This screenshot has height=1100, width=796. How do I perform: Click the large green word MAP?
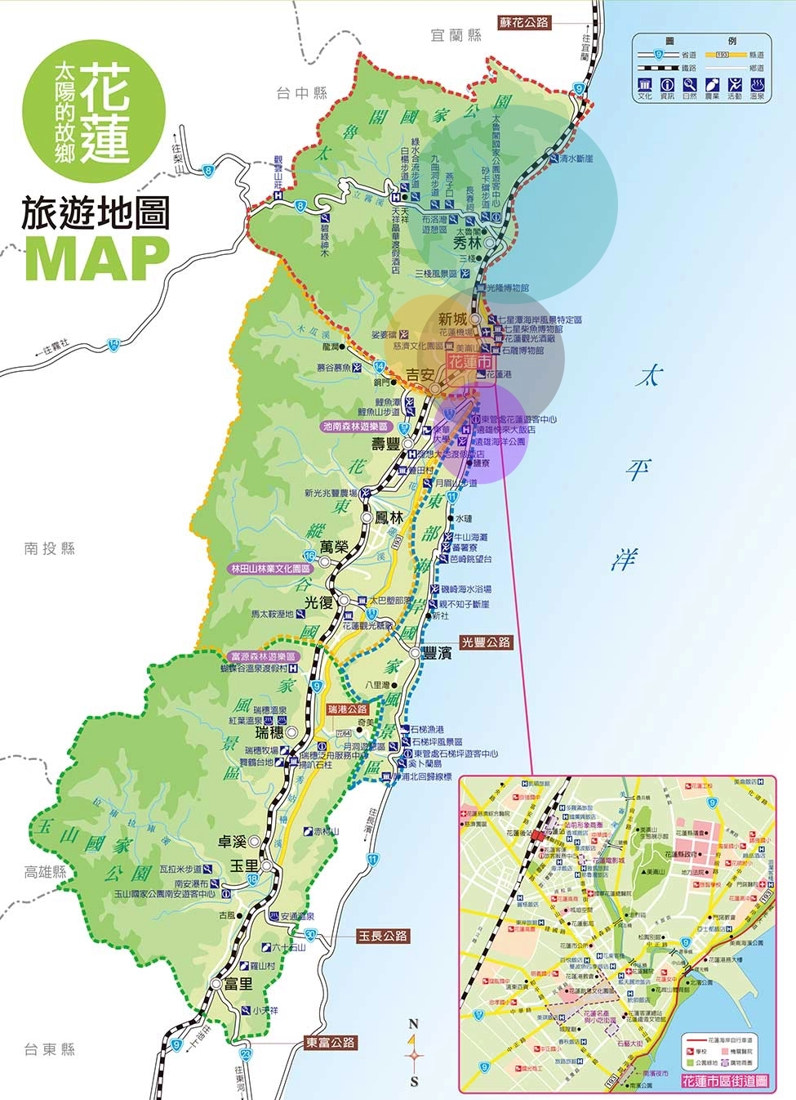(96, 258)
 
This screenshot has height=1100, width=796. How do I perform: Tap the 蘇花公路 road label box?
(525, 22)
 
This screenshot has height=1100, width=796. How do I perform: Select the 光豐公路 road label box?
(487, 642)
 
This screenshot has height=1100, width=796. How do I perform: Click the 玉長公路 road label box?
(382, 936)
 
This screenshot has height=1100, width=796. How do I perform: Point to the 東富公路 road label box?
(331, 1042)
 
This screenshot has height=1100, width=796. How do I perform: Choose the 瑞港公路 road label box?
(348, 709)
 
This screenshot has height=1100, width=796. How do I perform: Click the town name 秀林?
(468, 244)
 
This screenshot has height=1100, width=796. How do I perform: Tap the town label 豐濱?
(438, 653)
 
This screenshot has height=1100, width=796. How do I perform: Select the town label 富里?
(238, 984)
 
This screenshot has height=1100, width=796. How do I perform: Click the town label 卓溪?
(232, 842)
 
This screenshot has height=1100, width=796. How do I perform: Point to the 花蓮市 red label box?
(471, 361)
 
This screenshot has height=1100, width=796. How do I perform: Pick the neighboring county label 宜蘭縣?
(456, 35)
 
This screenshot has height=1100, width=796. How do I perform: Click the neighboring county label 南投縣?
(50, 548)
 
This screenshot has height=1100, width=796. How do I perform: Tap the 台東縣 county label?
(50, 1049)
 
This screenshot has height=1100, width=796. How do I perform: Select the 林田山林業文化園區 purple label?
(271, 568)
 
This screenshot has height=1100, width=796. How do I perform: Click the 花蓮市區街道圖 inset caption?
(726, 1081)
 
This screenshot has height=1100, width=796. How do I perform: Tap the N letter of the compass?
(413, 1025)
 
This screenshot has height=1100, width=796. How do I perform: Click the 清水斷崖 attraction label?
(576, 159)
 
